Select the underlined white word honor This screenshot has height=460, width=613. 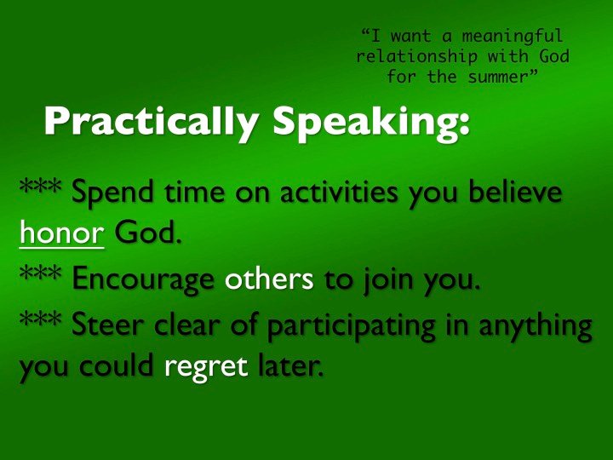tap(62, 232)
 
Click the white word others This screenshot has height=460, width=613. tap(269, 278)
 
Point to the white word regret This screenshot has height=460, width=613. tap(206, 367)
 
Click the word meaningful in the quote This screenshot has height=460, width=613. tap(513, 37)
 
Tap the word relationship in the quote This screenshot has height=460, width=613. tap(416, 57)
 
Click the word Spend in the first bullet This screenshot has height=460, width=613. tap(112, 192)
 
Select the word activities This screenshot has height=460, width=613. tap(340, 192)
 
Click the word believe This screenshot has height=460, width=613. tap(515, 192)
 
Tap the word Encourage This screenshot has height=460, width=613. tap(143, 279)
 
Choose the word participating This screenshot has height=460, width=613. tap(352, 326)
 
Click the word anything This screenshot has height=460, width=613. tap(536, 326)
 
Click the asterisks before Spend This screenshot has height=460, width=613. tap(40, 185)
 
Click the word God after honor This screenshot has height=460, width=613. tap(148, 232)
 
